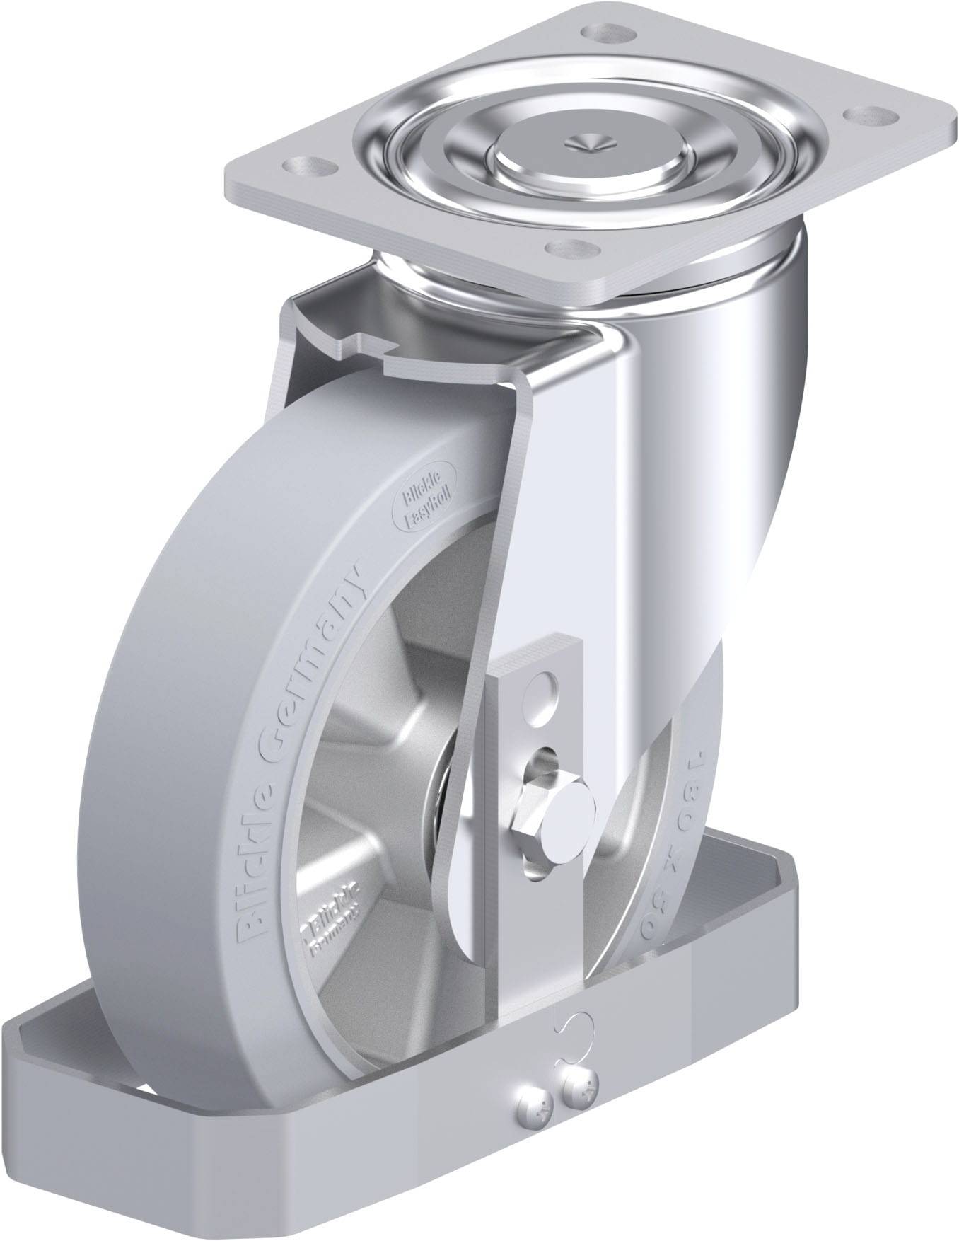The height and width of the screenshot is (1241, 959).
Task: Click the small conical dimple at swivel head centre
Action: tap(586, 142)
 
